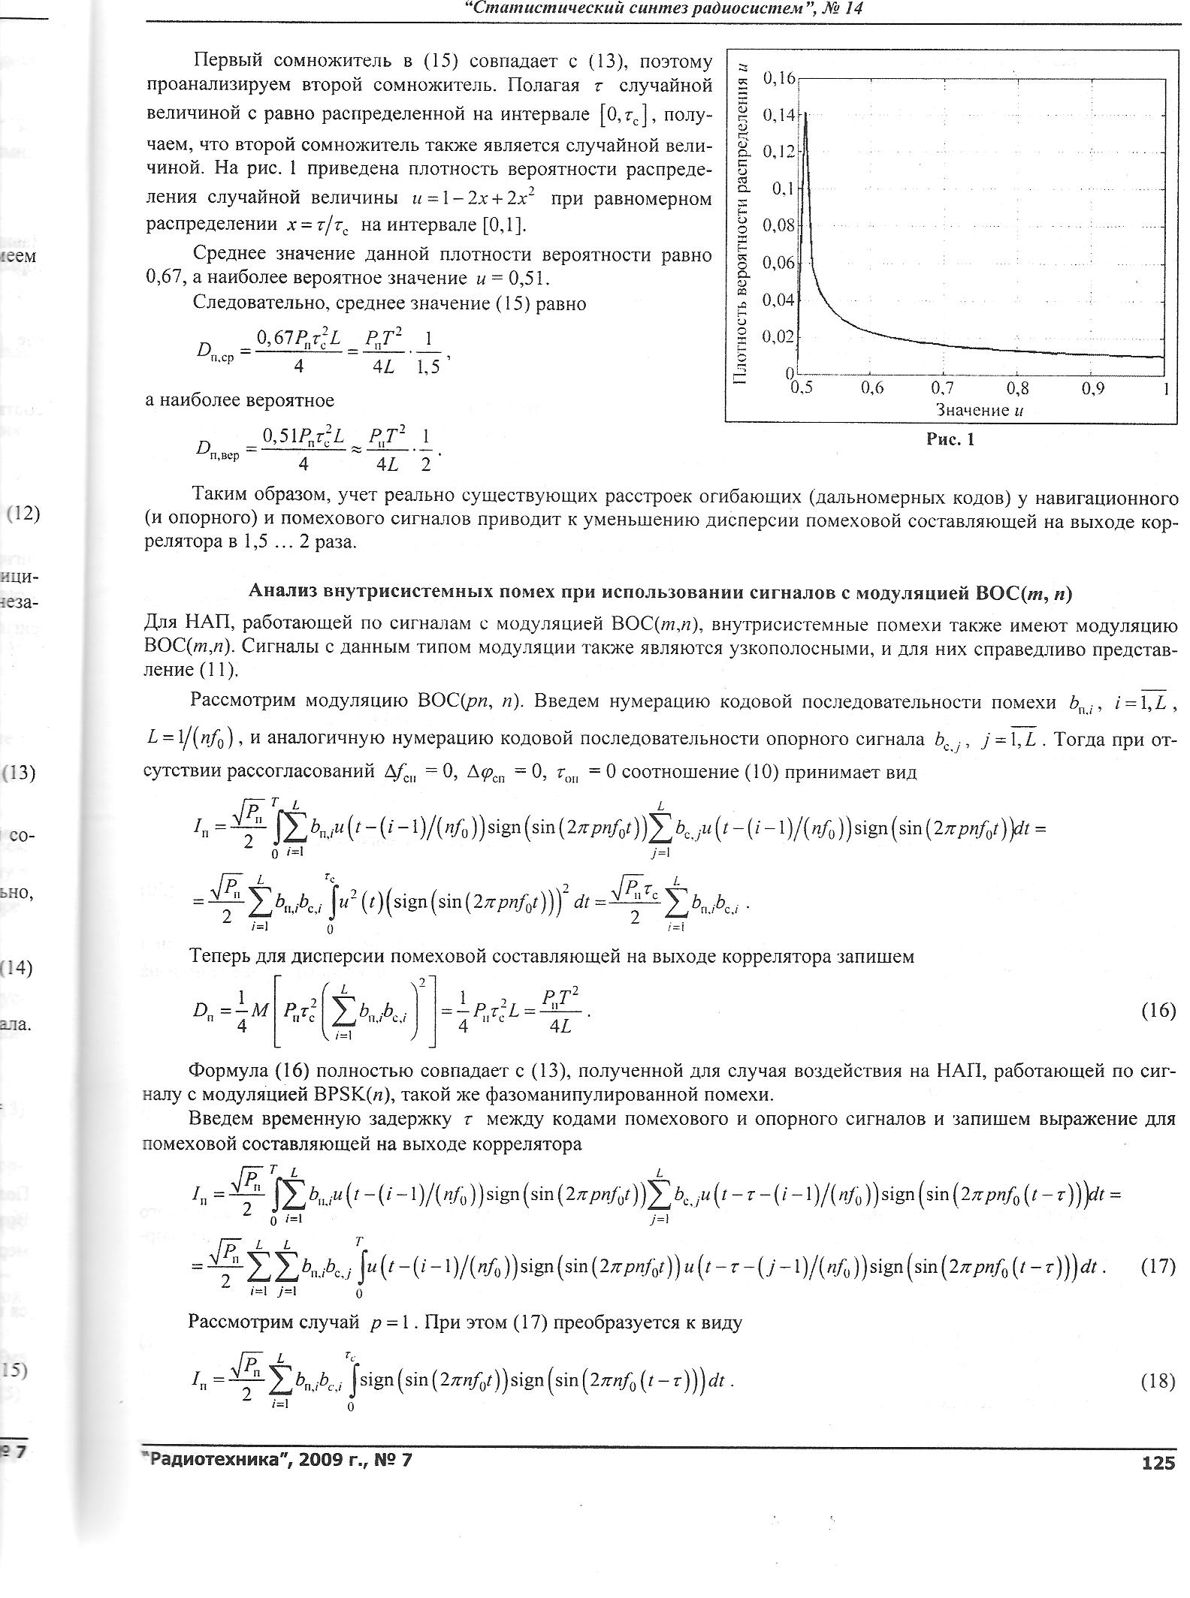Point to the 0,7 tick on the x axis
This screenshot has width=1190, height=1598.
click(942, 388)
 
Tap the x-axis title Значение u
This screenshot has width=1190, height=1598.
click(980, 410)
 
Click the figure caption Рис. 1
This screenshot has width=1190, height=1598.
click(950, 440)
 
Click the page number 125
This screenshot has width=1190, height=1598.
click(1158, 1462)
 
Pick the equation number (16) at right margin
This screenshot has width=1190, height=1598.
click(1158, 1010)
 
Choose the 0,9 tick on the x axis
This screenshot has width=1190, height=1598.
click(1094, 388)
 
